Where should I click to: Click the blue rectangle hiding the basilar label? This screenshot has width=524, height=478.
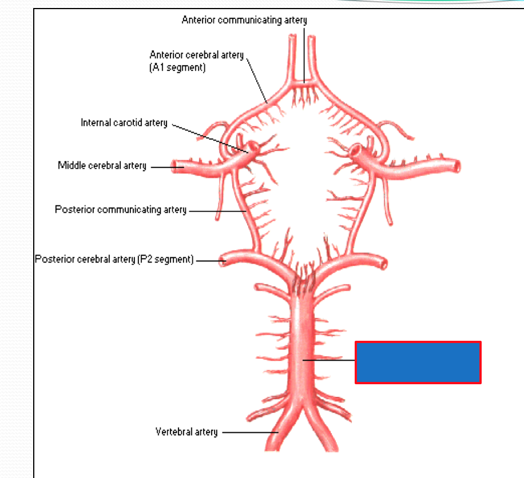(x=418, y=362)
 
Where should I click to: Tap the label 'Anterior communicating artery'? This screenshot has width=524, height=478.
(x=244, y=20)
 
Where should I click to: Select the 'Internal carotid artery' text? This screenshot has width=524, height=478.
(x=124, y=123)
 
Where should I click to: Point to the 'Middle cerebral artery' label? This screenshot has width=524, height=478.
(x=102, y=166)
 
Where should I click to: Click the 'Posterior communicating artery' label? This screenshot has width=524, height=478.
(x=120, y=210)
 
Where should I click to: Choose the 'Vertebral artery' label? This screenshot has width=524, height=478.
(x=186, y=432)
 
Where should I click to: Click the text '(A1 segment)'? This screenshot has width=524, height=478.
(x=177, y=67)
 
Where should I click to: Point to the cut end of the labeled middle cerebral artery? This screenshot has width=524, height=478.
(x=178, y=167)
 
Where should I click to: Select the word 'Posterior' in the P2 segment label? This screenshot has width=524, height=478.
(x=52, y=260)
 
